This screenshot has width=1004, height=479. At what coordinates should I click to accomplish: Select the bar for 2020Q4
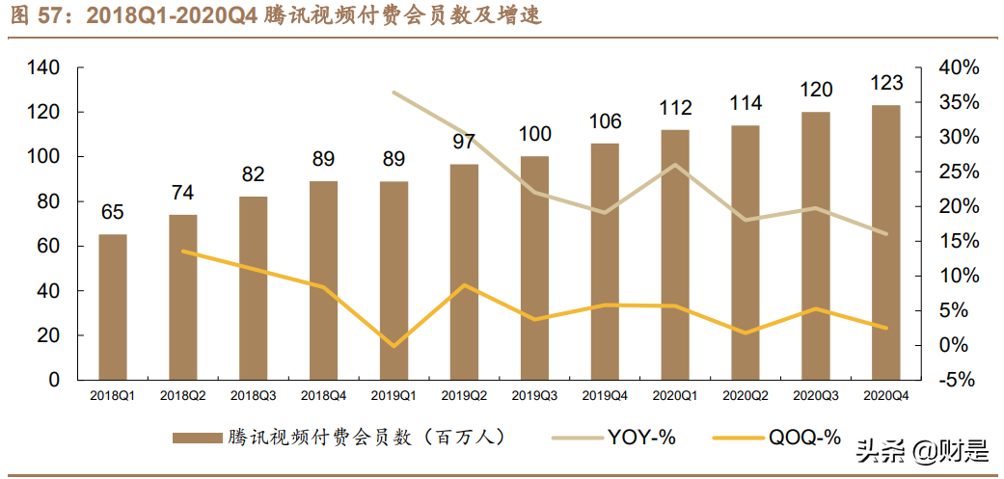tap(885, 242)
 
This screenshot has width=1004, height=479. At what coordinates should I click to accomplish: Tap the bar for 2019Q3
tap(534, 267)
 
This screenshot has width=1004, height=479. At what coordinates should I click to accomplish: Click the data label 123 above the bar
tap(885, 86)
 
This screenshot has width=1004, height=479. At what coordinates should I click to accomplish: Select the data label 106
tap(605, 121)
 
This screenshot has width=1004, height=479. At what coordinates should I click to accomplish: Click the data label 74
tap(183, 193)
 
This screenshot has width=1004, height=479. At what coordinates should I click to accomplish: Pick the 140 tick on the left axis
tap(44, 67)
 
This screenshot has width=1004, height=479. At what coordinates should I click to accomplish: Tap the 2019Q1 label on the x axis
tap(393, 395)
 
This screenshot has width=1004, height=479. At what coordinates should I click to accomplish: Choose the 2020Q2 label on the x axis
tap(746, 395)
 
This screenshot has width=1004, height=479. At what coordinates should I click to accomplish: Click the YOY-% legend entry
tap(641, 438)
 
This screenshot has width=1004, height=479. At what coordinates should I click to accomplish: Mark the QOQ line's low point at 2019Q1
tap(393, 345)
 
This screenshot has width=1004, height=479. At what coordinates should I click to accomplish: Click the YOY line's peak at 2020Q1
tap(675, 165)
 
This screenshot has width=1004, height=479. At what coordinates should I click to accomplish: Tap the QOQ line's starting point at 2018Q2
tap(183, 252)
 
